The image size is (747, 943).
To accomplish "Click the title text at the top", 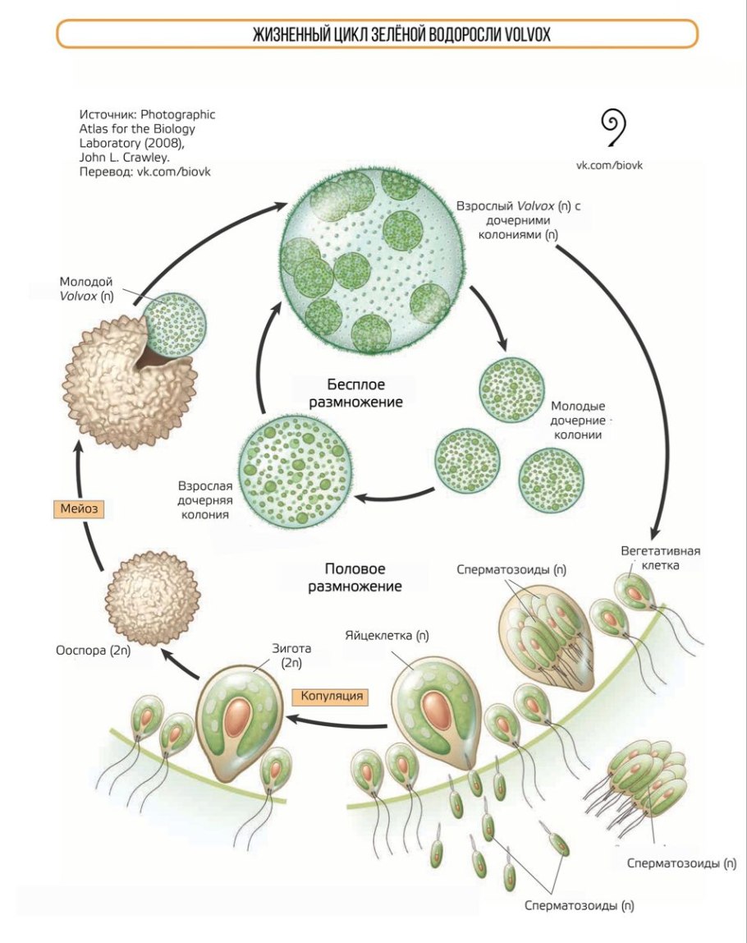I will (x=377, y=34).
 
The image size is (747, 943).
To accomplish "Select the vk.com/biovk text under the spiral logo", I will (x=615, y=164).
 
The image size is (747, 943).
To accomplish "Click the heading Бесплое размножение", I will (x=355, y=393).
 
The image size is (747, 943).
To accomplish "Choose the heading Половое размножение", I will (x=355, y=577).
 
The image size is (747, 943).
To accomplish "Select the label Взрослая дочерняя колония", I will (x=203, y=499).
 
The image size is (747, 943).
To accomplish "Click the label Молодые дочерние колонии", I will (x=577, y=420).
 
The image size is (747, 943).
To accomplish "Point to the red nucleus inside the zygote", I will (x=239, y=716).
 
